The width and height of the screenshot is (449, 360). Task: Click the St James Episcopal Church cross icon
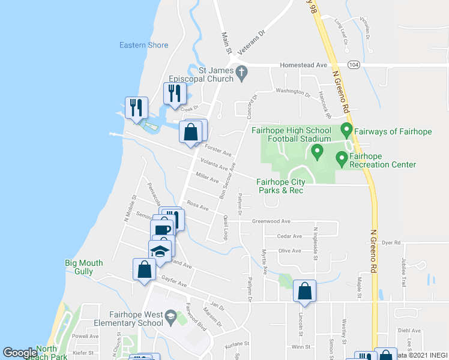(241, 73)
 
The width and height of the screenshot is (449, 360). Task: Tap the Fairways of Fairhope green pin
(346, 129)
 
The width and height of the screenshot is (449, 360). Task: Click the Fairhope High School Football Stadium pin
(318, 150)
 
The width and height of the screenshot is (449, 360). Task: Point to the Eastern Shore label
(143, 45)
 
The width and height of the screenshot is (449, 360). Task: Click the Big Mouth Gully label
(84, 267)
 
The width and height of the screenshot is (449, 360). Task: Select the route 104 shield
(354, 64)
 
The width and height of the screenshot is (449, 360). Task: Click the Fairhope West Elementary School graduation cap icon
(170, 316)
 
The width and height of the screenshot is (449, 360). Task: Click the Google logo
(20, 353)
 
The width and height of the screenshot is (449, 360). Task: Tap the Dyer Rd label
(391, 242)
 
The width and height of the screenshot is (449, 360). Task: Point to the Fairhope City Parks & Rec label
(280, 187)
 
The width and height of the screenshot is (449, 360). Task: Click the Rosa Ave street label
(197, 205)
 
